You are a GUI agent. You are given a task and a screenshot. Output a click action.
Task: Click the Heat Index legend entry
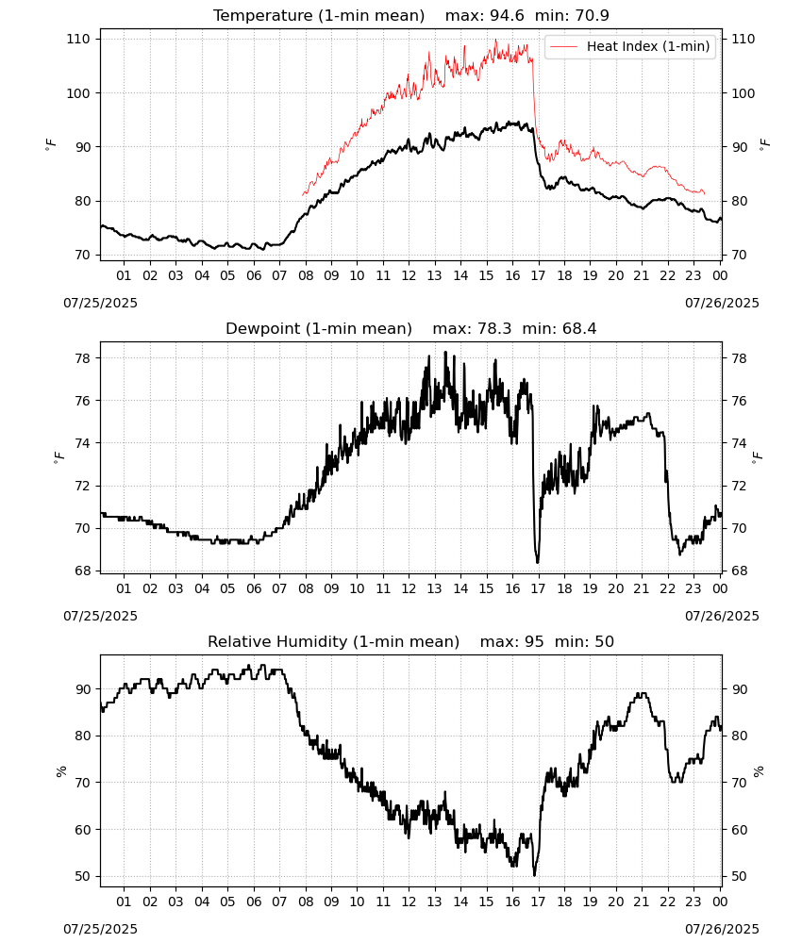[x=630, y=46]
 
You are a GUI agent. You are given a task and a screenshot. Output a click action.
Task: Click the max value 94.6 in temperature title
[x=508, y=15]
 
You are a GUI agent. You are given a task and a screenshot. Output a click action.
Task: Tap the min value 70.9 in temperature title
[x=592, y=15]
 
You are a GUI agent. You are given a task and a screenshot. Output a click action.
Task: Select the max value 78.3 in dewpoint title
[x=494, y=328]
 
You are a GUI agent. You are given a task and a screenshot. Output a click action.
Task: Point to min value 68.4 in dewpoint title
[x=579, y=328]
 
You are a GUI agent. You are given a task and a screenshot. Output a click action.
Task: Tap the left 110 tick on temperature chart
[x=78, y=39]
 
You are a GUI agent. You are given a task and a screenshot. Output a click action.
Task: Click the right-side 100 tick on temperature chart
[x=744, y=93]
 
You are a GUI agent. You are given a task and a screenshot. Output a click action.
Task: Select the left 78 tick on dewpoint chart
[x=82, y=358]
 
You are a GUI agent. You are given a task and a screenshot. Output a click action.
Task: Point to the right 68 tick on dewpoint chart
[x=739, y=571]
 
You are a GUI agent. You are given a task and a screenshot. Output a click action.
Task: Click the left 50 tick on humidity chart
[x=82, y=876]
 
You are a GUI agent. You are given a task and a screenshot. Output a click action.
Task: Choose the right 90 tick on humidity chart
[x=739, y=689]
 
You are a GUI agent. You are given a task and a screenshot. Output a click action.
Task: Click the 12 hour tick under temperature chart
[x=409, y=275]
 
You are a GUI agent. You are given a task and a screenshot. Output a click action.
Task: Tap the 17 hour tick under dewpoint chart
[x=538, y=588]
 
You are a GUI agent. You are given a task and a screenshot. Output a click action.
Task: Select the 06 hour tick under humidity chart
[x=254, y=902]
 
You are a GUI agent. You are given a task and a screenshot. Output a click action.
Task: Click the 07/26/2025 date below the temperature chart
[x=722, y=303]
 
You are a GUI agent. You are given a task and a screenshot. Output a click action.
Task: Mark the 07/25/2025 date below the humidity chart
[x=100, y=929]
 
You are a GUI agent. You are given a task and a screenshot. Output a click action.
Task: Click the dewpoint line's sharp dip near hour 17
[x=537, y=562]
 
